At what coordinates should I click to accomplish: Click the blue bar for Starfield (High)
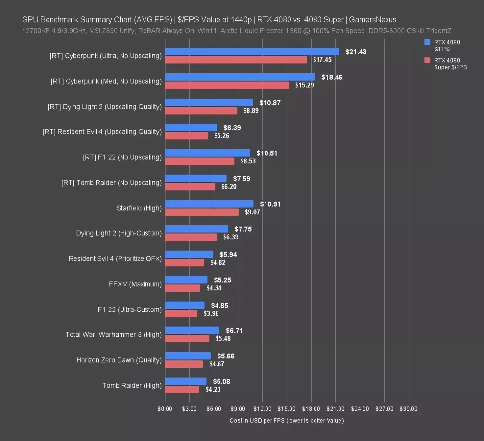209,204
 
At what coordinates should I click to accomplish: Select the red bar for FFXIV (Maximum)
183,288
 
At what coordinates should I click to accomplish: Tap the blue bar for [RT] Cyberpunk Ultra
252,51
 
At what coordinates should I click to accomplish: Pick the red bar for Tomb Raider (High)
182,389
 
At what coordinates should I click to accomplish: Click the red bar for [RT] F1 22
199,161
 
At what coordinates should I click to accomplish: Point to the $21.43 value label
355,51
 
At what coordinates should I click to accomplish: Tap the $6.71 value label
235,331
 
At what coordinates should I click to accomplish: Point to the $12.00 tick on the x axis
262,408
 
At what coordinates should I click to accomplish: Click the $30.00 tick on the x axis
409,408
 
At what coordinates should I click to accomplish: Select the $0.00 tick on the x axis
165,408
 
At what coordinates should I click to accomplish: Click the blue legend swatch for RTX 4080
427,43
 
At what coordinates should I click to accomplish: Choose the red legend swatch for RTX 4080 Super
427,60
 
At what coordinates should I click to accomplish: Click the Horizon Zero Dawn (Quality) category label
119,360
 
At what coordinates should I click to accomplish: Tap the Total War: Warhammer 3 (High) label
114,335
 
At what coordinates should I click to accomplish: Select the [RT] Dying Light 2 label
105,106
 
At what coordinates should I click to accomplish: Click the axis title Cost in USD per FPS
287,421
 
